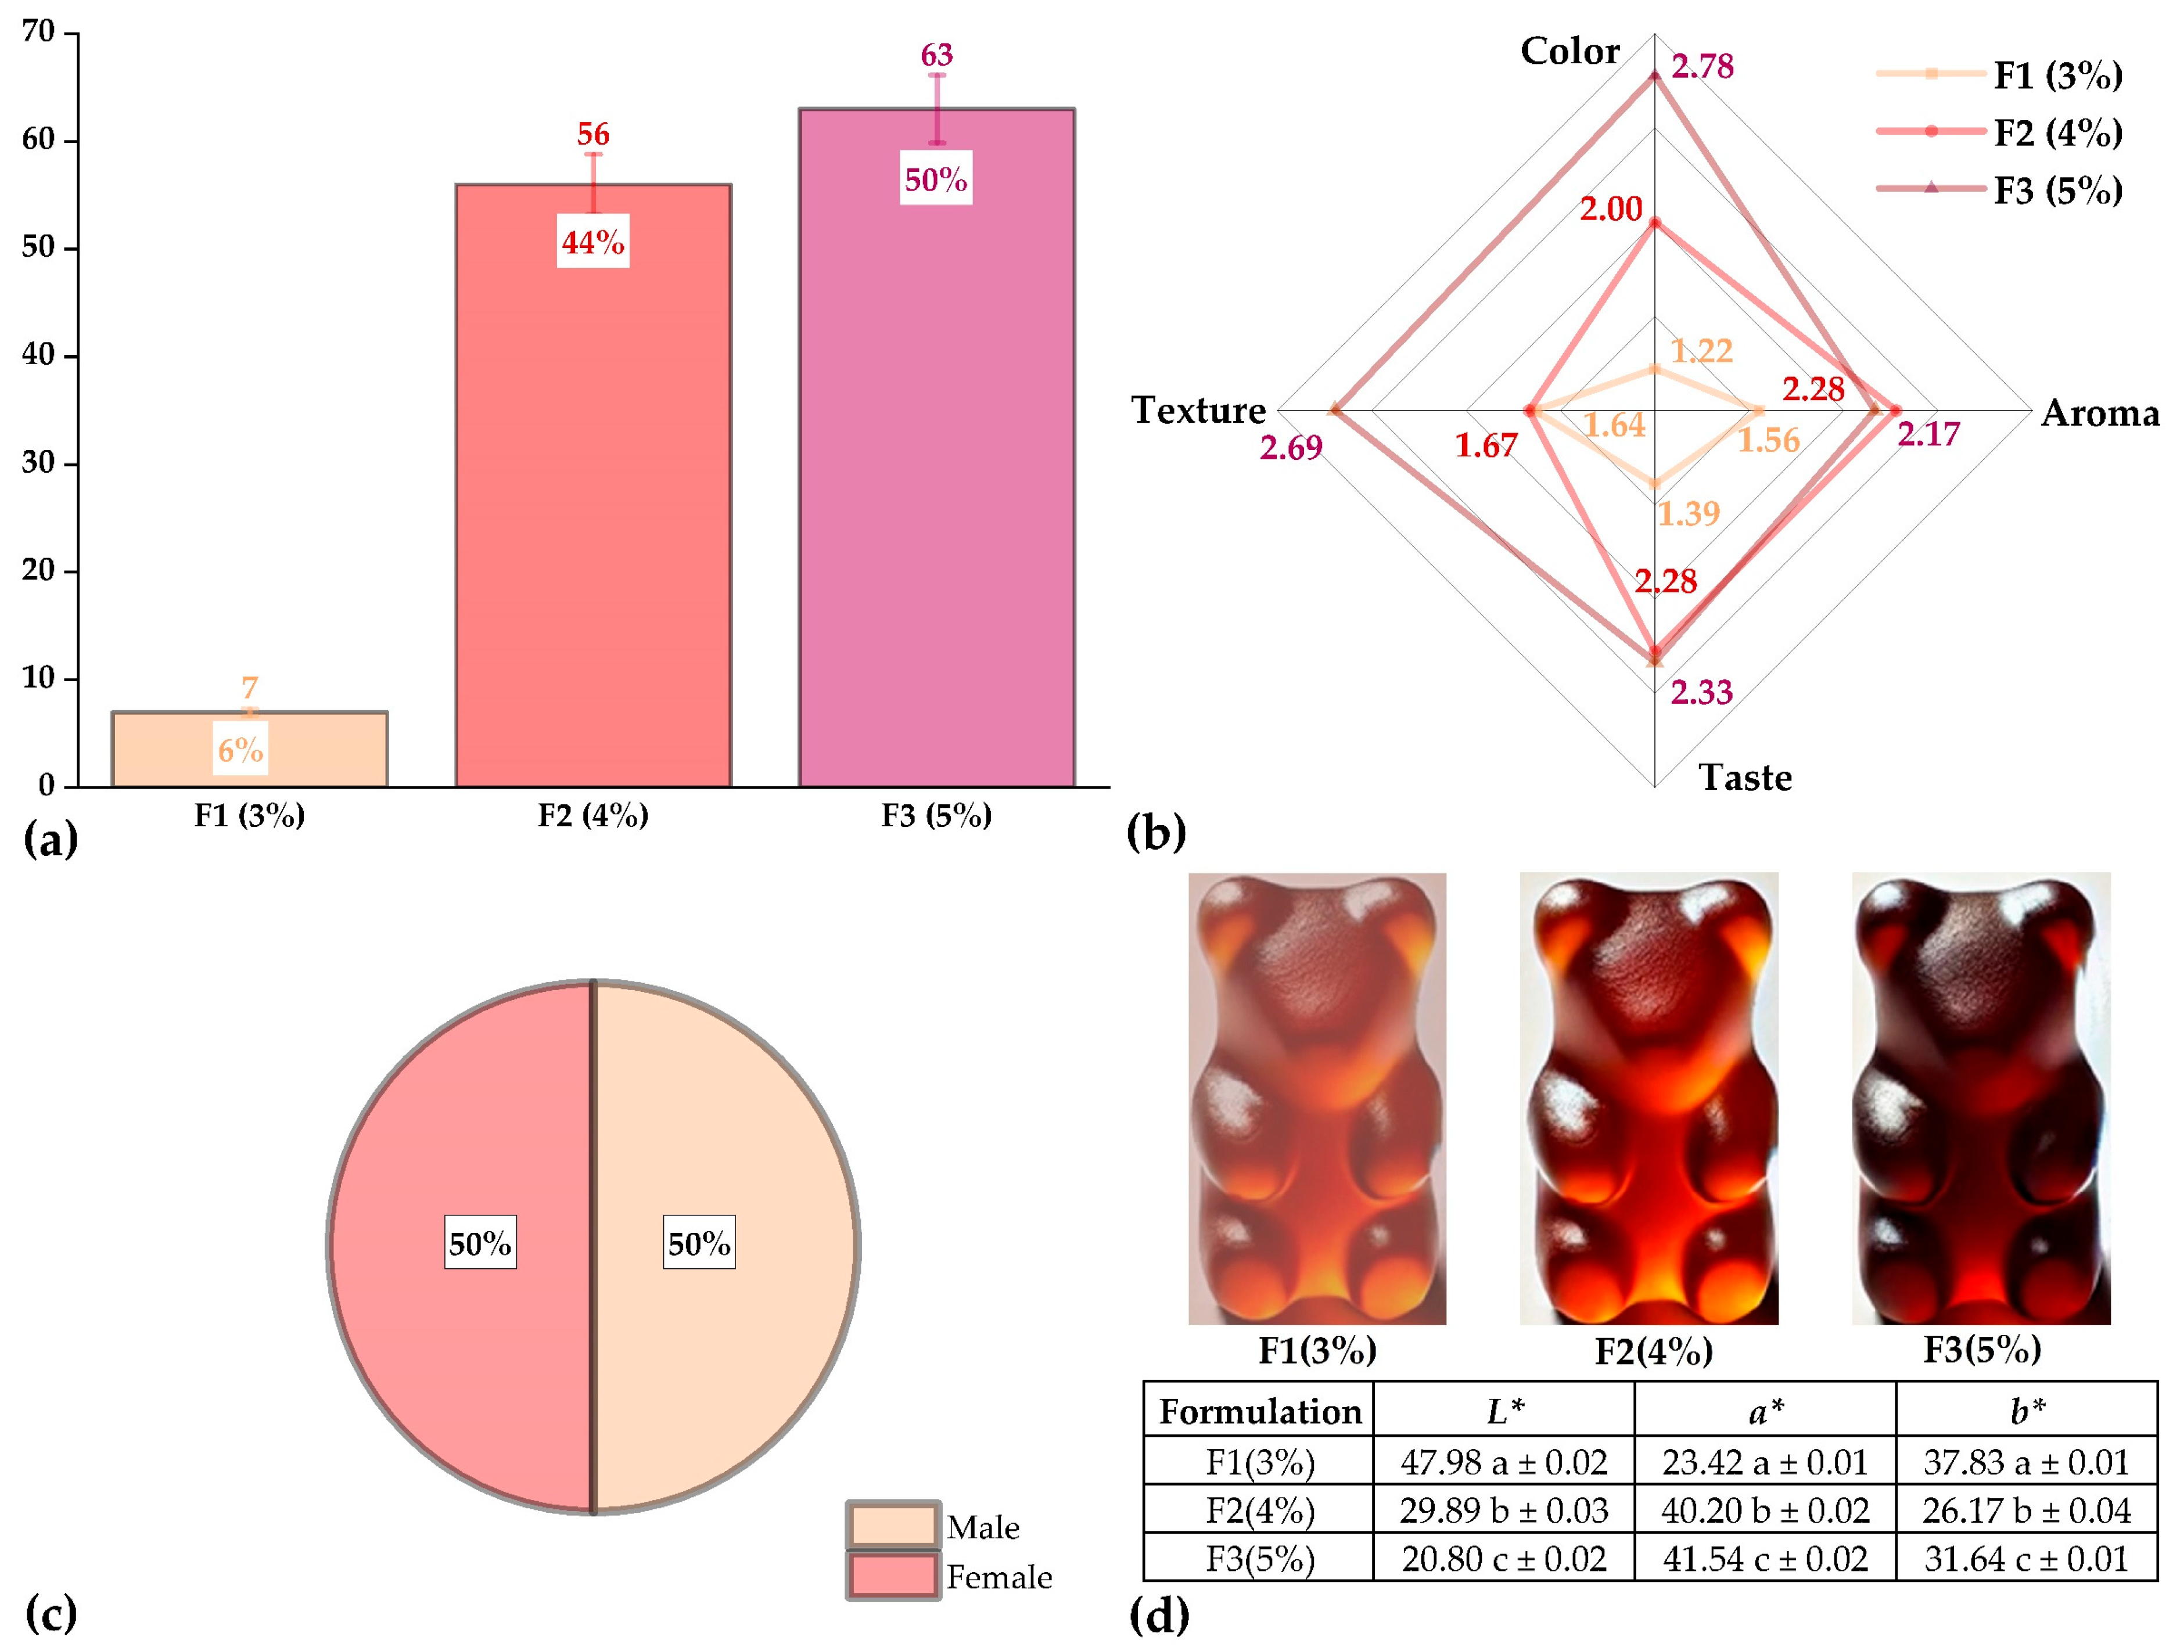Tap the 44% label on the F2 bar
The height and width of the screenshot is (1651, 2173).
click(592, 242)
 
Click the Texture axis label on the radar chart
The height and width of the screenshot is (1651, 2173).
click(1198, 410)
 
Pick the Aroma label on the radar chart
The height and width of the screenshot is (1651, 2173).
click(2099, 413)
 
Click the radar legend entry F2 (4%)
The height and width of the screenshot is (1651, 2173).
click(2057, 132)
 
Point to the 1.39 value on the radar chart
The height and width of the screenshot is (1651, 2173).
click(1689, 513)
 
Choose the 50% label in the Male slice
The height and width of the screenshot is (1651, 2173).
click(699, 1244)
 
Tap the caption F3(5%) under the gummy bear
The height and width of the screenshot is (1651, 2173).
click(1981, 1350)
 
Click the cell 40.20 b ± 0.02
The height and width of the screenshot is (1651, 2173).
click(1765, 1510)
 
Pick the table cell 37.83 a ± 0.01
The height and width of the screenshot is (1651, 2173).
click(2025, 1462)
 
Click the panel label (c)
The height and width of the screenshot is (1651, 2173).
click(50, 1613)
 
